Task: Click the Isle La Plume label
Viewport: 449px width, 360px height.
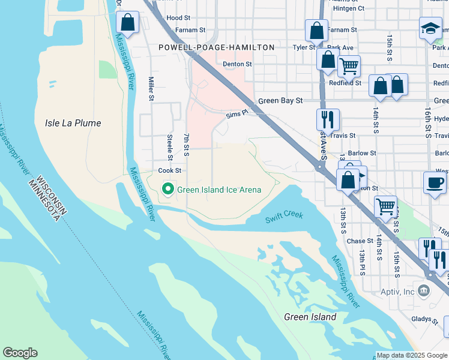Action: pos(73,123)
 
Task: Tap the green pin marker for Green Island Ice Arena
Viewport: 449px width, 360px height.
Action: pos(168,190)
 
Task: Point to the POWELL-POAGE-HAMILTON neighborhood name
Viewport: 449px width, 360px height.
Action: pos(216,47)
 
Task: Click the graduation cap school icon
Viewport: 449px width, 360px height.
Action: pos(430,28)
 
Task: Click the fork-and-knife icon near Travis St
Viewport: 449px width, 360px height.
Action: pos(328,119)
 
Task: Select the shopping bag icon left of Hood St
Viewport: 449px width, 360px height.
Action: pos(128,23)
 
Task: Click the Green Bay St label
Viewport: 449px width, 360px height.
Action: pos(280,101)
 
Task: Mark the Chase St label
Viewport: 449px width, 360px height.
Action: pos(360,241)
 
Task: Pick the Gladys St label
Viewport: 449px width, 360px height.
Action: pos(426,320)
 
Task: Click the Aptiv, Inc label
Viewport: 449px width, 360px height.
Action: pos(396,292)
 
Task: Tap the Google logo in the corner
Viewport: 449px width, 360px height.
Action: pos(20,353)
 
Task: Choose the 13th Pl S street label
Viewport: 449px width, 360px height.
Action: pos(362,263)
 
